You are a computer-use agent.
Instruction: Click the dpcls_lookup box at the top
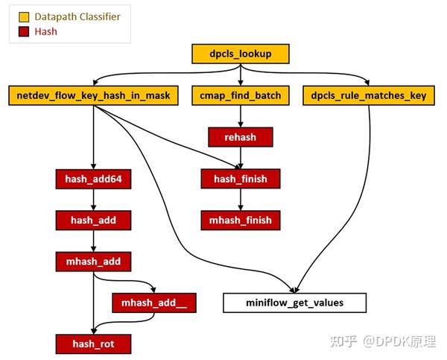(239, 54)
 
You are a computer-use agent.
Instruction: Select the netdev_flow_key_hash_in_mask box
(94, 95)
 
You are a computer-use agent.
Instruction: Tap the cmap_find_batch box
(239, 95)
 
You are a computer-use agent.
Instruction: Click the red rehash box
(240, 137)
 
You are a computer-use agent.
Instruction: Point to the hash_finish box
(240, 179)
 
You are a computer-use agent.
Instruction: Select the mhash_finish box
(240, 220)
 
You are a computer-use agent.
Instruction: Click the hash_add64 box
(94, 179)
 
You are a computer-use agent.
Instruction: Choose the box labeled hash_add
(94, 220)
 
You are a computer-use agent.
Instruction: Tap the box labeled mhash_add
(94, 262)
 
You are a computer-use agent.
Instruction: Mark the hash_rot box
(94, 344)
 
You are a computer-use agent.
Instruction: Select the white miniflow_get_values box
(295, 303)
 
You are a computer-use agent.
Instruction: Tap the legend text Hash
(46, 31)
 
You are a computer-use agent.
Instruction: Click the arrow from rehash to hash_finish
(240, 158)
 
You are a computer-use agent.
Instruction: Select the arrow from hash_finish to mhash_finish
(240, 200)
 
